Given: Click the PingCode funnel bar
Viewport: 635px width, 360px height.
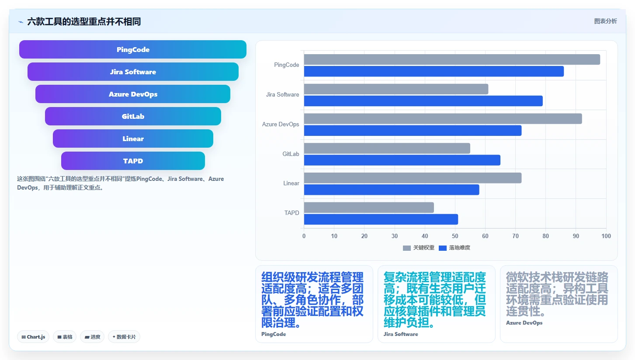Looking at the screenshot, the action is point(133,49).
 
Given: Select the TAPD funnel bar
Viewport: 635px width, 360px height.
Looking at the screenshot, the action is point(133,161).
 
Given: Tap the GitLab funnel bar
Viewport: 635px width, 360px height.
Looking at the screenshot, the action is point(133,116).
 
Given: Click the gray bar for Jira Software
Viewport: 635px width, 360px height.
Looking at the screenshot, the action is point(396,89).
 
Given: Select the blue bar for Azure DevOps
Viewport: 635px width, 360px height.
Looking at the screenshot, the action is point(413,131).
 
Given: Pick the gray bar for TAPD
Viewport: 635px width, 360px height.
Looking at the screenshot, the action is point(369,208).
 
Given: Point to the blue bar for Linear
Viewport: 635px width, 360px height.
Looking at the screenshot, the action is point(392,190).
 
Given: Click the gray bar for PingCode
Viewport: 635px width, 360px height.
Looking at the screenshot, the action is point(452,59).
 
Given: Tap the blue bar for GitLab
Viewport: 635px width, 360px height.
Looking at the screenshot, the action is point(402,160).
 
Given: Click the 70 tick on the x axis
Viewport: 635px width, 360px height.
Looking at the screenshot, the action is point(515,236).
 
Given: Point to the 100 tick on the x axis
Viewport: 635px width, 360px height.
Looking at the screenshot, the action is point(606,236).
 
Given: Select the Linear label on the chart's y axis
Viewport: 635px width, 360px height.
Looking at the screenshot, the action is point(291,183).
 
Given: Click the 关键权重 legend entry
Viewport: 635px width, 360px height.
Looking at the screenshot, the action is point(418,248).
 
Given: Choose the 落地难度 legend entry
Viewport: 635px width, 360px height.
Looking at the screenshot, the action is point(455,248).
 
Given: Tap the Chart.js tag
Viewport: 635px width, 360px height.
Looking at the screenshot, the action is point(33,337).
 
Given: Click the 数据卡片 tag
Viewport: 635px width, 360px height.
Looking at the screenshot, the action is point(124,337).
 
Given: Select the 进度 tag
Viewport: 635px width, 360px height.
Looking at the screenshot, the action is point(92,337).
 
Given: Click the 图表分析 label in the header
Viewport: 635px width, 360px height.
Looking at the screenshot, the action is point(606,21).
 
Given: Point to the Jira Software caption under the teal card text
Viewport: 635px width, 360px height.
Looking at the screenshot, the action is point(401,334).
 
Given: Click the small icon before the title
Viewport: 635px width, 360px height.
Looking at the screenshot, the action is point(21,22).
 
